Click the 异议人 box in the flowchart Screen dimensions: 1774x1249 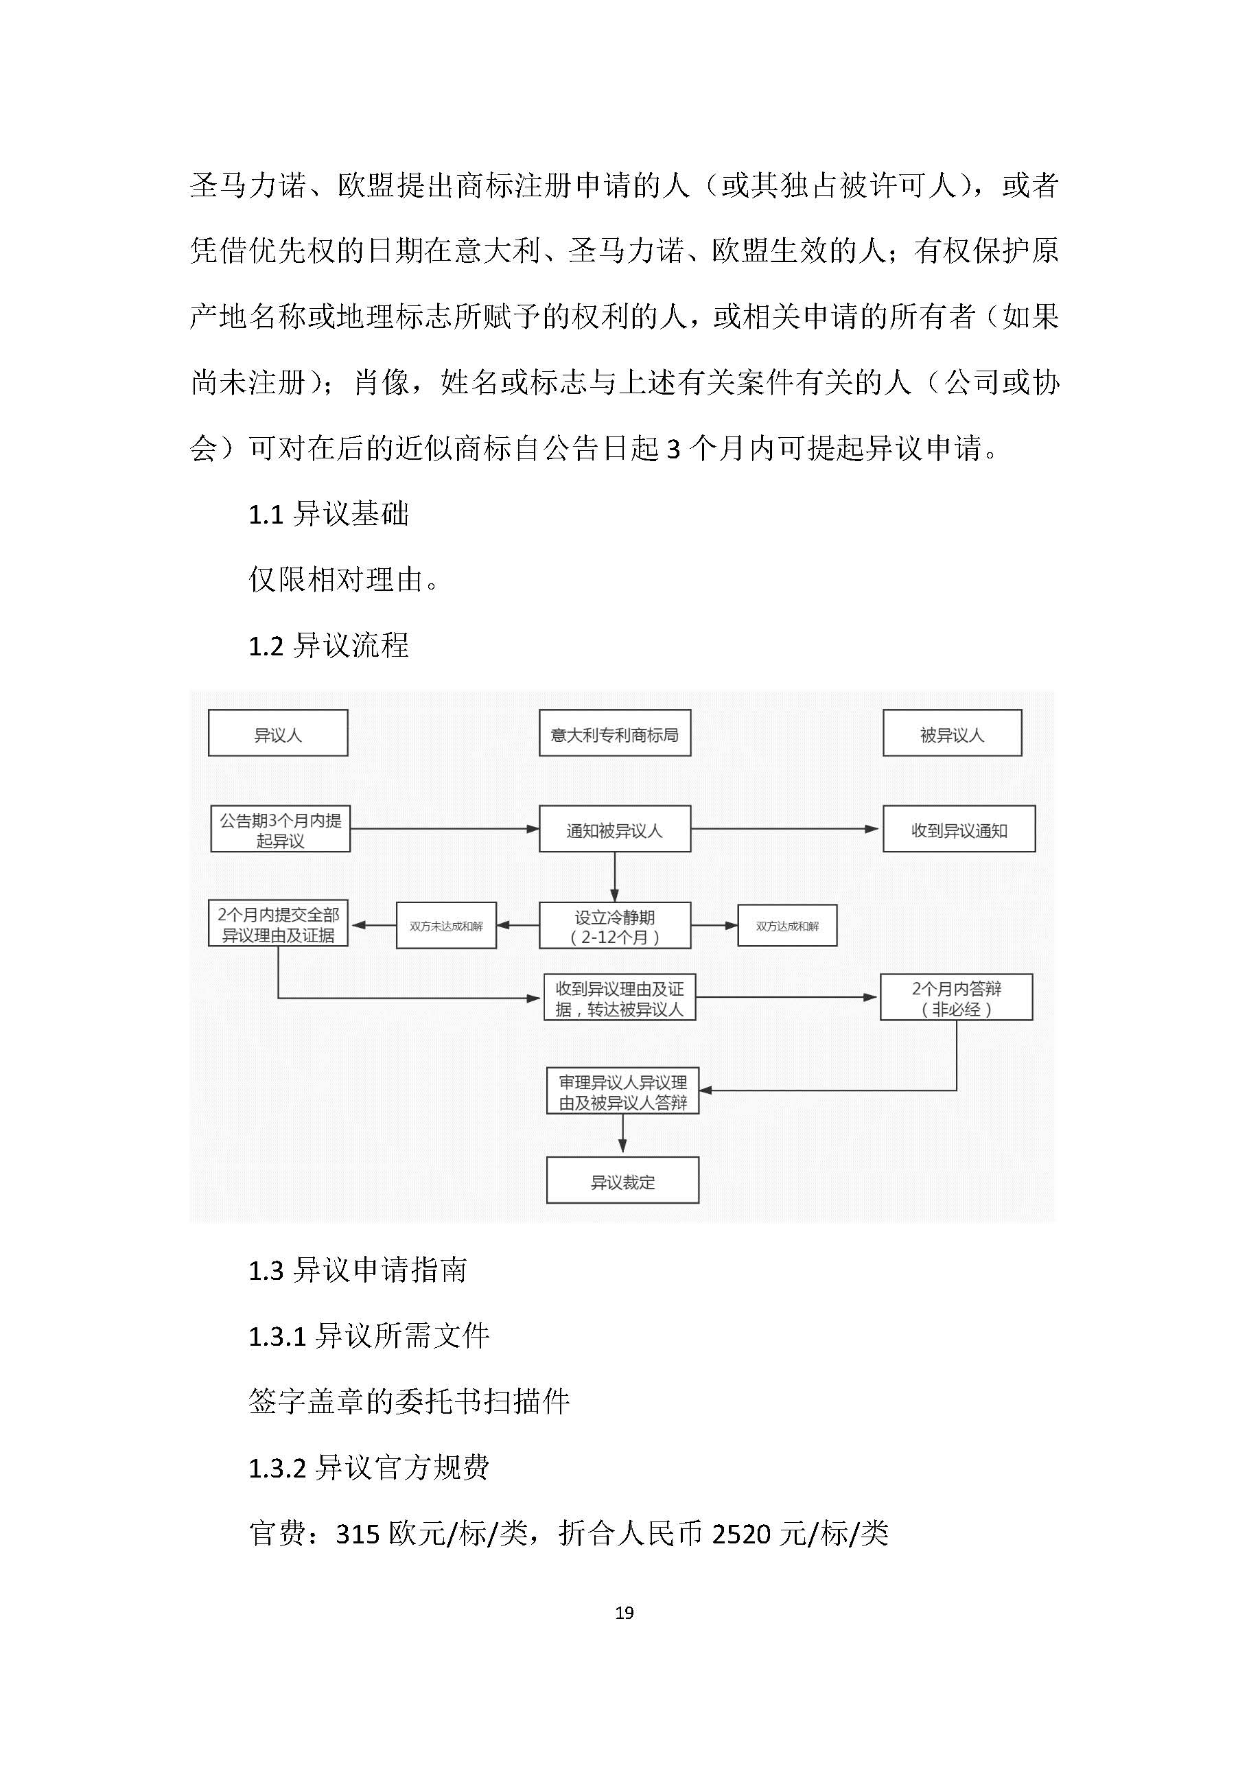click(x=277, y=732)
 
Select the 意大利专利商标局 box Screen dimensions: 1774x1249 click(x=614, y=732)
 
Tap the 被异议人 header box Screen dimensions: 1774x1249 click(x=952, y=732)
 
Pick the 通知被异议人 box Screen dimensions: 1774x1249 click(x=614, y=829)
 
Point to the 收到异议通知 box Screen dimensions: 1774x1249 click(x=959, y=829)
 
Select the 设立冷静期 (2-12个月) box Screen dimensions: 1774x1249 click(x=614, y=926)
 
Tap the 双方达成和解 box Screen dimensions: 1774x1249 click(x=786, y=926)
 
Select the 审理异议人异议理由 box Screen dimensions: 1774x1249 click(x=622, y=1091)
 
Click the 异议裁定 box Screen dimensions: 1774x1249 click(x=622, y=1180)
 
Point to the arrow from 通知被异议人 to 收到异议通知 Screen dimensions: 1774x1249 click(x=784, y=829)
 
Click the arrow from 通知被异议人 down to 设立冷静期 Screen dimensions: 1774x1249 click(x=614, y=876)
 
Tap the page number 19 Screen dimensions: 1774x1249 click(x=624, y=1613)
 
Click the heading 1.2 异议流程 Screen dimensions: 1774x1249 click(x=328, y=645)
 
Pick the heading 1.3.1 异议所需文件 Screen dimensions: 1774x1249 click(x=369, y=1336)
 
